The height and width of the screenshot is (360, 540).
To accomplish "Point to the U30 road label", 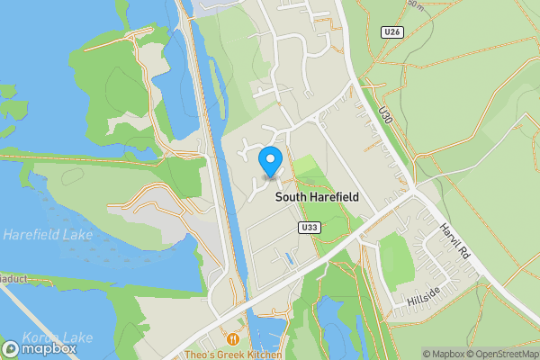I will point(386,114).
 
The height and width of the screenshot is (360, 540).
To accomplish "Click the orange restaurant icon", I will point(233,339).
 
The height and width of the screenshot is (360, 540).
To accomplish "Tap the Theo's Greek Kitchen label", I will point(233,355).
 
